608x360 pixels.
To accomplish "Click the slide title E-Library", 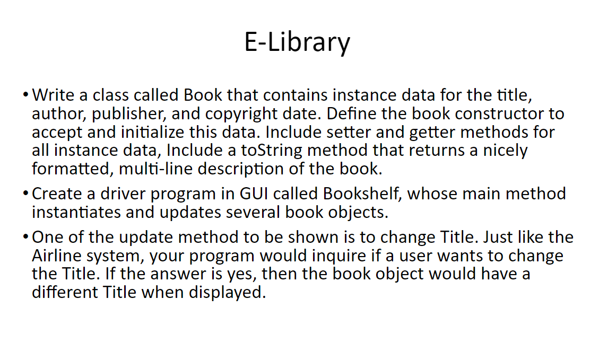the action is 297,42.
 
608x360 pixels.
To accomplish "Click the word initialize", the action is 153,132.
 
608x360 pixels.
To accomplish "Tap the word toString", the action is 272,151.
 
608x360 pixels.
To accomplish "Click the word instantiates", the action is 76,213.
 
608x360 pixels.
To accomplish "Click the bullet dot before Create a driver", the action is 26,192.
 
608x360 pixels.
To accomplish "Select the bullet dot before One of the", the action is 26,236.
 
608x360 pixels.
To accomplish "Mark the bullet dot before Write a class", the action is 26,94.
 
